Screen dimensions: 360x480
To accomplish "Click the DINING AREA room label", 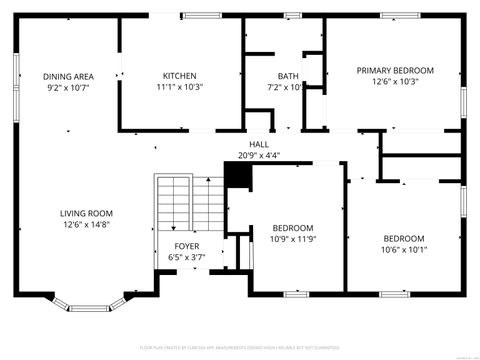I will tap(68, 76).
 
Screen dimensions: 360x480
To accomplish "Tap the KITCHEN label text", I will tap(180, 76).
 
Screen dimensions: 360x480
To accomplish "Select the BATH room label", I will tap(288, 76).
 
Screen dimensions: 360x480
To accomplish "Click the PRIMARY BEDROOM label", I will tap(396, 70).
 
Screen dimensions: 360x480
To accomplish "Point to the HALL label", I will tap(259, 144).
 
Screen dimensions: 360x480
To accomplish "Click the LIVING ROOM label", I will tap(85, 213).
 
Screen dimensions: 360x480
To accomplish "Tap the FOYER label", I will tap(187, 245).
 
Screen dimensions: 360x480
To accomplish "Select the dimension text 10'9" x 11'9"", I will tap(293, 239).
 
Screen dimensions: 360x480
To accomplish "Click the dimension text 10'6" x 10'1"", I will tap(404, 250).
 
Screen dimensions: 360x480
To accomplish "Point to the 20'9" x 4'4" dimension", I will tap(259, 155).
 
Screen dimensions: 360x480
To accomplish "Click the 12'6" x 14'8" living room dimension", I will tap(85, 225).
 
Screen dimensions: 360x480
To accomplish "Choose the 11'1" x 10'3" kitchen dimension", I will tap(180, 87).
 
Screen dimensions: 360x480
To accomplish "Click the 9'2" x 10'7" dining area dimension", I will tap(68, 88).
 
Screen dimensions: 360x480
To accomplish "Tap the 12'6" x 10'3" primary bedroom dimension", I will tap(396, 82).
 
